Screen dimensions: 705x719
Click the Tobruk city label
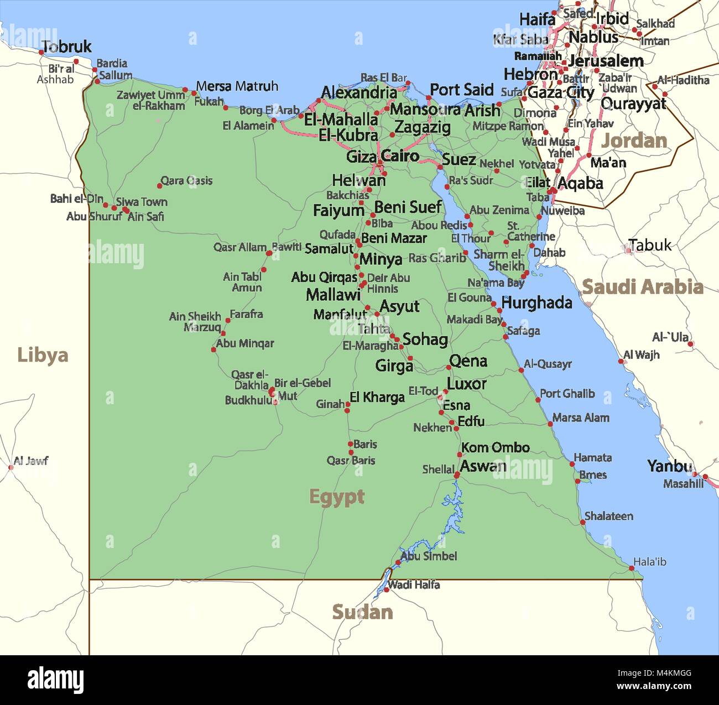point(66,47)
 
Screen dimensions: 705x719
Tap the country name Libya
point(43,355)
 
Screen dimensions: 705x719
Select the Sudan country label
point(362,612)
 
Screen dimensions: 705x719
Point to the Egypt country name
point(336,497)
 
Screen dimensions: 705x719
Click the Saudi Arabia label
point(643,287)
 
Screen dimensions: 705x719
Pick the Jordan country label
point(634,140)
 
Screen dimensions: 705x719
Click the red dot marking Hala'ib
point(632,568)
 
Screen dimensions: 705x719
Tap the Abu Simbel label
point(429,556)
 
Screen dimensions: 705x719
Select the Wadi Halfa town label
point(414,584)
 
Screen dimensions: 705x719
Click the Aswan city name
point(483,466)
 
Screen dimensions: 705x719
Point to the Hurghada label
point(536,302)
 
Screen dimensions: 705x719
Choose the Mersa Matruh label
point(237,86)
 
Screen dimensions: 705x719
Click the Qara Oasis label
point(186,181)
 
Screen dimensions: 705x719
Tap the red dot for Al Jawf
point(11,467)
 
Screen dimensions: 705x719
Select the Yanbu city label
point(669,466)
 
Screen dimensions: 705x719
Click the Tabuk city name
point(650,245)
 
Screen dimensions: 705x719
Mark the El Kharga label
point(377,397)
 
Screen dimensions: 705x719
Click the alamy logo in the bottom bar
point(55,680)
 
